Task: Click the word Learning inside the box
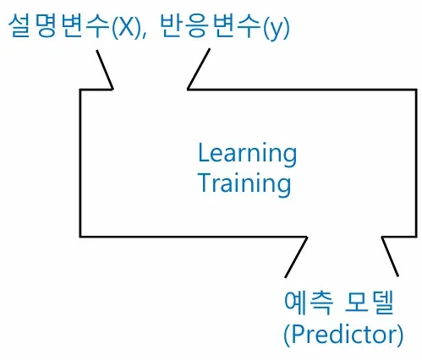[x=247, y=155]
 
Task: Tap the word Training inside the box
[x=244, y=183]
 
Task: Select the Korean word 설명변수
[x=58, y=26]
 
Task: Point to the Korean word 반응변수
[x=210, y=26]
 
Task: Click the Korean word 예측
[x=309, y=303]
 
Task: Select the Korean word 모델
[x=370, y=303]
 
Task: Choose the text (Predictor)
[x=343, y=335]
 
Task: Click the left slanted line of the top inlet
[x=105, y=70]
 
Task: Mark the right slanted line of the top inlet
[x=199, y=69]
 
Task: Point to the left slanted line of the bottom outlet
[x=296, y=257]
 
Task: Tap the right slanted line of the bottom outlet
[x=390, y=256]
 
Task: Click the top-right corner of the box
[x=416, y=90]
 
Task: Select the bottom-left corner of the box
[x=80, y=236]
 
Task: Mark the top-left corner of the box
[x=80, y=90]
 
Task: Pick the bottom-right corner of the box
[x=416, y=236]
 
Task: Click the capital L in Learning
[x=204, y=152]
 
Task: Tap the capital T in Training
[x=206, y=182]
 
